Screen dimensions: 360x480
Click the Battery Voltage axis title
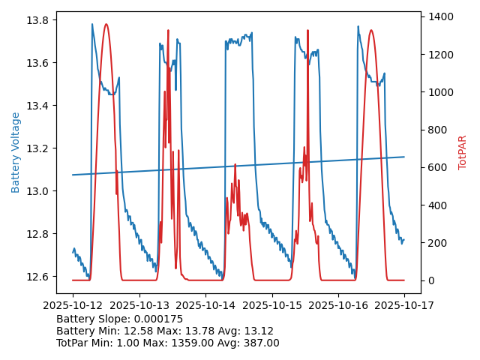click(16, 152)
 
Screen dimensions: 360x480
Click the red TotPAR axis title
click(463, 152)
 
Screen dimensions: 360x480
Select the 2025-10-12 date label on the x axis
click(73, 305)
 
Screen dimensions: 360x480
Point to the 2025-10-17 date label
click(404, 305)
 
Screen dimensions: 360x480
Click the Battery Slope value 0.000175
click(157, 319)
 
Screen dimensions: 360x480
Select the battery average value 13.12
click(258, 331)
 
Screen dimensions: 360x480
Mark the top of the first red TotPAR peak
click(106, 24)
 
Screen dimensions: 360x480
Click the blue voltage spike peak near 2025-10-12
click(92, 24)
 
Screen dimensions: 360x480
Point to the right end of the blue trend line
click(404, 157)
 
